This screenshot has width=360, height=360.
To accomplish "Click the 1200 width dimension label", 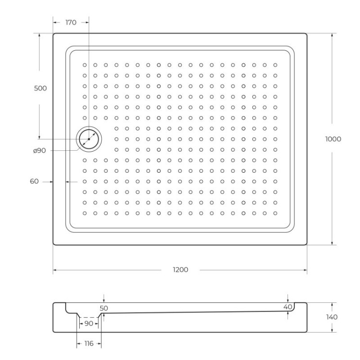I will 180,270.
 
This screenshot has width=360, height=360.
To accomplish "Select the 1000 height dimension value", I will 333,139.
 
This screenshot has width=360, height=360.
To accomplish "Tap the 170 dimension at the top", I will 71,22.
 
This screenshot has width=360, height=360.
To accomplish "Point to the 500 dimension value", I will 40,88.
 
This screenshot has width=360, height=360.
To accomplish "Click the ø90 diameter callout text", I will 40,151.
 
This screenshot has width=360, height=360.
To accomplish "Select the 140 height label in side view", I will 332,317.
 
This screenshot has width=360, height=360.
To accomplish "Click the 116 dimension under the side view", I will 89,344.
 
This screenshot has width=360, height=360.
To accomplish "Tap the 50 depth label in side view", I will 104,308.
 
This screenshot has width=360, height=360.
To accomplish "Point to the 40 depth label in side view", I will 288,306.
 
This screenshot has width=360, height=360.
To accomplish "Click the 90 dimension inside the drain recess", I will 89,324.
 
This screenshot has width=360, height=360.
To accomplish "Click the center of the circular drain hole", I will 89,139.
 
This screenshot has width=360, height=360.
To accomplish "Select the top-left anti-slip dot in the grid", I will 84,65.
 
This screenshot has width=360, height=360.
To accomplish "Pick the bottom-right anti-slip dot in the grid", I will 275,213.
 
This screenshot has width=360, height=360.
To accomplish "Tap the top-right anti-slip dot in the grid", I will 275,65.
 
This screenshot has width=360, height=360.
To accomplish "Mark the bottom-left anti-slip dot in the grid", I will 84,213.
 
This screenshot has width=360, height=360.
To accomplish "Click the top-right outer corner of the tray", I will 307,34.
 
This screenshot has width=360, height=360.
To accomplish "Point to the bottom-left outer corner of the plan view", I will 53,245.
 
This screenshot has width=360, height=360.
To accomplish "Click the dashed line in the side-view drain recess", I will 89,317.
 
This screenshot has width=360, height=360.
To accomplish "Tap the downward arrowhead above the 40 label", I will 288,300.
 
